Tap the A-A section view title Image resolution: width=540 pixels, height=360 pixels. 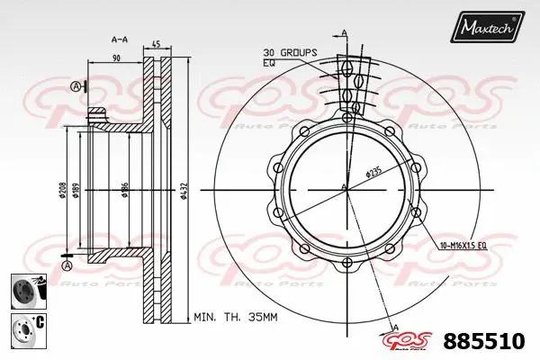[118, 40]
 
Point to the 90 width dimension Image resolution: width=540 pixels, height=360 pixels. [116, 58]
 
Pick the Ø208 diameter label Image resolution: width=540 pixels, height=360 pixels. [62, 190]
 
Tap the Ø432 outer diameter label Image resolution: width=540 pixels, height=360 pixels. [184, 190]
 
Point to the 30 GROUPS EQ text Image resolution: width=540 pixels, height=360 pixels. [289, 58]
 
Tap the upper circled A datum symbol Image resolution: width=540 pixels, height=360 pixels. [75, 85]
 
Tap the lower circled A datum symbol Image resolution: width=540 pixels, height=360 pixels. [67, 266]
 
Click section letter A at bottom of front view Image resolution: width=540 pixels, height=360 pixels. [395, 326]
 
